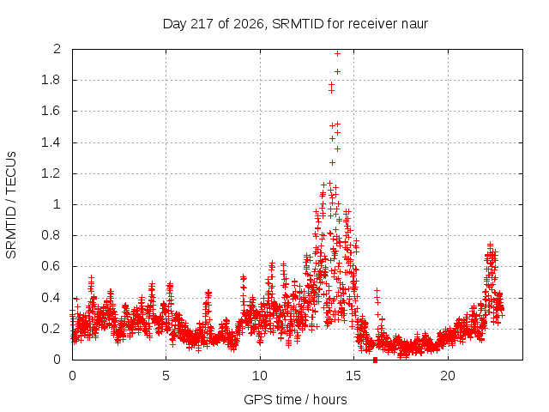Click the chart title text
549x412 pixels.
pyautogui.click(x=295, y=24)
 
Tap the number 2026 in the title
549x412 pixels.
pyautogui.click(x=249, y=24)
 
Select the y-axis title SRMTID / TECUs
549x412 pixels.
pyautogui.click(x=11, y=205)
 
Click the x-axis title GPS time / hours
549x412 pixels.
pyautogui.click(x=295, y=399)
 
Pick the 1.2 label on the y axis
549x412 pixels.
pyautogui.click(x=51, y=173)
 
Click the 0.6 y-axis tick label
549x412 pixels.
pyautogui.click(x=51, y=266)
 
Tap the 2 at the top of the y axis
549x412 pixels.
pyautogui.click(x=57, y=49)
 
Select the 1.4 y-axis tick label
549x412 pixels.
pyautogui.click(x=51, y=142)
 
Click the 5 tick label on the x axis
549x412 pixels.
pyautogui.click(x=166, y=376)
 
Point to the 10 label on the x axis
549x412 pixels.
pyautogui.click(x=260, y=376)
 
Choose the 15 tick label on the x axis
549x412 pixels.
pyautogui.click(x=353, y=376)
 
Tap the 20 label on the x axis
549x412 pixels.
pyautogui.click(x=448, y=376)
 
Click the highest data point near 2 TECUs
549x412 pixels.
pyautogui.click(x=337, y=53)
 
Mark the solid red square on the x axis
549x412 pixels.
pyautogui.click(x=376, y=360)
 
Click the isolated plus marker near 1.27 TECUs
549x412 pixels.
pyautogui.click(x=332, y=162)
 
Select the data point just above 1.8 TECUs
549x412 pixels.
pyautogui.click(x=337, y=71)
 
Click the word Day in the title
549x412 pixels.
pyautogui.click(x=174, y=25)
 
